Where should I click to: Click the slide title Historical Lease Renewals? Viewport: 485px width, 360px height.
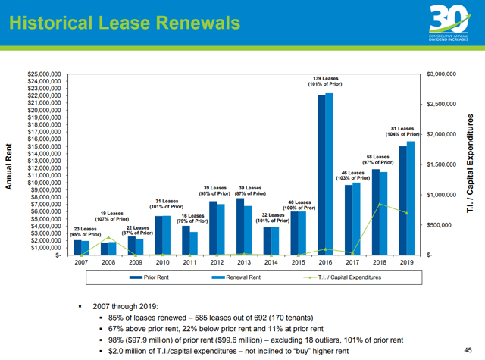[124, 21]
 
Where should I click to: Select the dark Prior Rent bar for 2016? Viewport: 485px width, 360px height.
[321, 175]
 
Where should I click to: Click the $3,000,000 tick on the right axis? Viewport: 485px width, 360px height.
[441, 74]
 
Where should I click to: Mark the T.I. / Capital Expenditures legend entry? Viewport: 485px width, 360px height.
[345, 278]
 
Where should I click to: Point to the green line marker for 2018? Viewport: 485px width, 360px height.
[380, 205]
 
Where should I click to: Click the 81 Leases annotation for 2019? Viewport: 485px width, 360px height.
[402, 132]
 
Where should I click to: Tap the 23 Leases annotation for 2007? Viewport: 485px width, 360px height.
[85, 232]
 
